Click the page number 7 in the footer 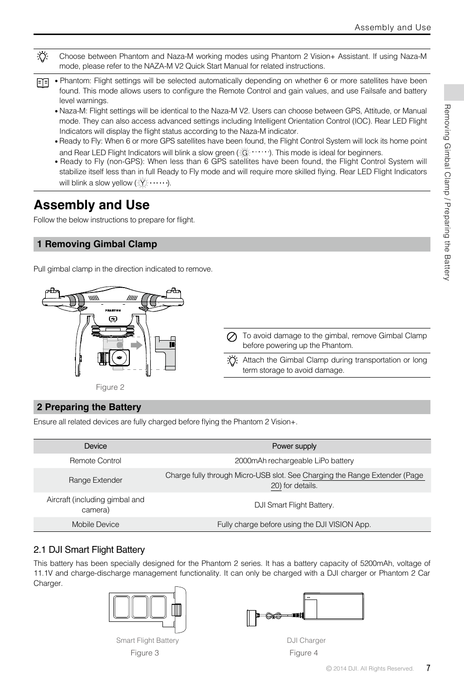click(x=428, y=668)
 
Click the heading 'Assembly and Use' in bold click(x=91, y=205)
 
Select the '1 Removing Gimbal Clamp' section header click(x=97, y=244)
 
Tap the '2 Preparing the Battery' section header click(x=89, y=407)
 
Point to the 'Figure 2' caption click(x=110, y=387)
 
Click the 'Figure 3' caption click(x=144, y=653)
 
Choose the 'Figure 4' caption click(x=303, y=653)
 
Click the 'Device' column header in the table click(x=95, y=446)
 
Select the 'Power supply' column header click(x=294, y=446)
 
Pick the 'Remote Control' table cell click(x=95, y=461)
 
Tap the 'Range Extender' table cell click(x=95, y=480)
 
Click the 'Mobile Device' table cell click(x=95, y=525)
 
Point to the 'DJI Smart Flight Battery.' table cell click(x=294, y=505)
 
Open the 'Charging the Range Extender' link click(x=362, y=475)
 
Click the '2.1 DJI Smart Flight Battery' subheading click(x=89, y=550)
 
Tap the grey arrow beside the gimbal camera click(x=138, y=345)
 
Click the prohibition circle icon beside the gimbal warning click(x=232, y=336)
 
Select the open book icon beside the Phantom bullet click(x=43, y=83)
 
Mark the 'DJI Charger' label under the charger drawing click(x=306, y=641)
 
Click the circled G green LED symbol click(x=245, y=153)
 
